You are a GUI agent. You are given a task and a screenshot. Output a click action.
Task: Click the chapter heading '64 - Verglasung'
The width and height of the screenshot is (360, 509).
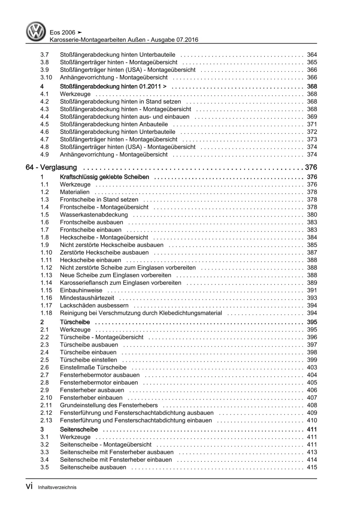coord(52,168)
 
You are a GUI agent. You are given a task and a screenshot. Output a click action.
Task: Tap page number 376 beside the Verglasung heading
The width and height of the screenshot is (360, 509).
coord(311,168)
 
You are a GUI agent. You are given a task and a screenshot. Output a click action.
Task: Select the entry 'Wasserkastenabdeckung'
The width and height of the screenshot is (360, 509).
coord(94,215)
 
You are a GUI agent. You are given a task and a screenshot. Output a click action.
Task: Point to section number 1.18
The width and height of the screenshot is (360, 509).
coord(46,313)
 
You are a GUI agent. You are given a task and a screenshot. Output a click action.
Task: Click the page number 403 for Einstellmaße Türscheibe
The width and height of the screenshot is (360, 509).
coord(312,367)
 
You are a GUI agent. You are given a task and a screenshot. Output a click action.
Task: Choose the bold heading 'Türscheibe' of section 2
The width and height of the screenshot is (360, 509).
coord(75,322)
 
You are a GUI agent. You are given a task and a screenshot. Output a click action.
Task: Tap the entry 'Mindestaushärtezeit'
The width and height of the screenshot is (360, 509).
coord(87,298)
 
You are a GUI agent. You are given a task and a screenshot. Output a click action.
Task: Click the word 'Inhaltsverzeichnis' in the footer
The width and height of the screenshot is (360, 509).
coord(57,487)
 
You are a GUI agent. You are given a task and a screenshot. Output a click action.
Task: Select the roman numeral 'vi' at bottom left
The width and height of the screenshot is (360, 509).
coord(29,486)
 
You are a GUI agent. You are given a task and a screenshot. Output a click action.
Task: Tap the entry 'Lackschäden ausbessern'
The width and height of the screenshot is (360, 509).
coord(94,305)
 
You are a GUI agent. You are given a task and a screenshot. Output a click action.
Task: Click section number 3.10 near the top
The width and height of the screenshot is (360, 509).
coord(46,77)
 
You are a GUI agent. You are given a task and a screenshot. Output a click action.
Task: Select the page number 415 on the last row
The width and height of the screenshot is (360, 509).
coord(312,467)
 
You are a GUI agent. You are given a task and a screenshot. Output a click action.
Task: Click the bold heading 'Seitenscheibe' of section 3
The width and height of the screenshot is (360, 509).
coord(79,429)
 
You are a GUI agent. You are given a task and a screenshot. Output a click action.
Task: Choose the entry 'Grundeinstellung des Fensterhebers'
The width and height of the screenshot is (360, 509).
coord(109,405)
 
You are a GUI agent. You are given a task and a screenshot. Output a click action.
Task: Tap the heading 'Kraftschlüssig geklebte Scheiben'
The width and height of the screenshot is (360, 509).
coord(105,177)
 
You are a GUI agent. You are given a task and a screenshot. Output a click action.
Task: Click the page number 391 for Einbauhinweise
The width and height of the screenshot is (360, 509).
coord(312,290)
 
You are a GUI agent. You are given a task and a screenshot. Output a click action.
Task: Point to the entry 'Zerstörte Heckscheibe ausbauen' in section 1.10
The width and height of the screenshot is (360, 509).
coord(104,253)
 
